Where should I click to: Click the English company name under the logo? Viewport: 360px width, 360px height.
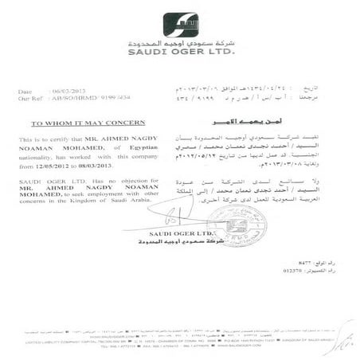[x=181, y=53]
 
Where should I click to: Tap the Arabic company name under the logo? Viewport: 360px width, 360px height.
[x=181, y=44]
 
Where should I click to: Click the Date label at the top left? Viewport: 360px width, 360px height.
[x=26, y=91]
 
